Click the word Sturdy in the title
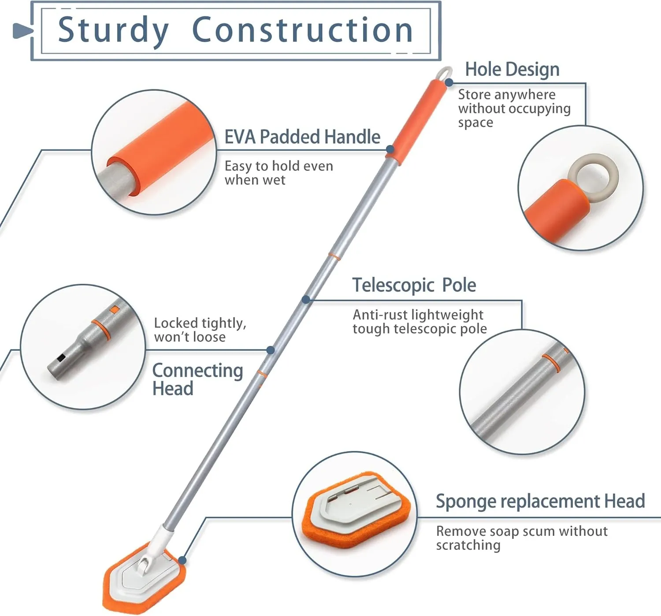tap(113, 30)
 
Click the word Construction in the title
tap(302, 30)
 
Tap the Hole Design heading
tap(512, 70)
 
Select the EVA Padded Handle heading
tap(302, 137)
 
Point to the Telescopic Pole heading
tap(414, 285)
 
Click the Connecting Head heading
tap(197, 379)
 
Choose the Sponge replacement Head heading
tap(540, 501)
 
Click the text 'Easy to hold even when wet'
tap(279, 173)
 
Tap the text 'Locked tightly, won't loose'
tap(200, 330)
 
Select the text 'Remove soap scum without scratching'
tap(521, 538)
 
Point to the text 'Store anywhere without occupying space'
tap(514, 108)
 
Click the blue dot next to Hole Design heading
tap(449, 82)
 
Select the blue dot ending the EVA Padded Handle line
tap(390, 150)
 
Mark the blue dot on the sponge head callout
tap(182, 560)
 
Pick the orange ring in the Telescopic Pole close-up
tap(551, 363)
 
